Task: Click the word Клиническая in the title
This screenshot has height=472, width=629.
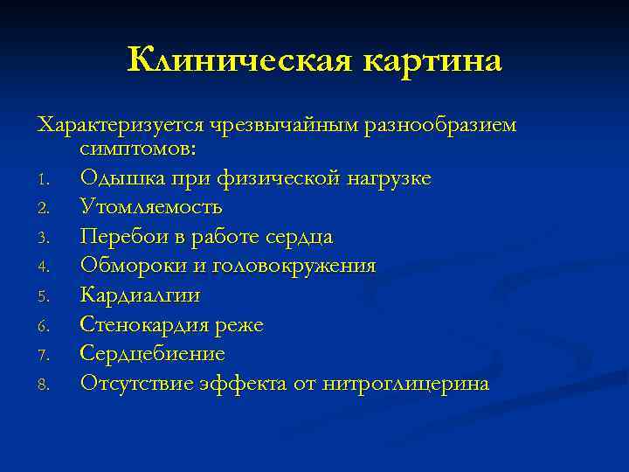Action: pyautogui.click(x=237, y=61)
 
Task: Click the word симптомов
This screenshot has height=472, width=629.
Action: pyautogui.click(x=139, y=149)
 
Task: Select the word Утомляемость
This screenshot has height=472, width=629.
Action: pyautogui.click(x=151, y=207)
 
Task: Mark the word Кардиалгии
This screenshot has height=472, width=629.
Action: pyautogui.click(x=140, y=295)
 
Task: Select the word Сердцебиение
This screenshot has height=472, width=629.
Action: pyautogui.click(x=152, y=354)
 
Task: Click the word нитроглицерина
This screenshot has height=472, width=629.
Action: pyautogui.click(x=405, y=384)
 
